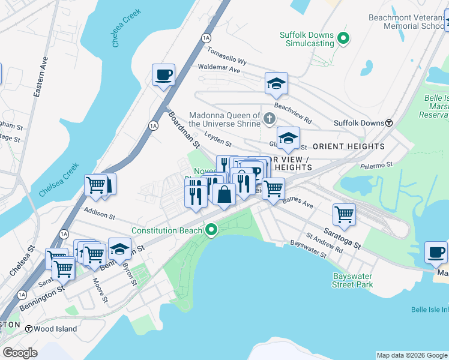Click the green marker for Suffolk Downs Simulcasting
coord(343,40)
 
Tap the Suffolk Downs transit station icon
coord(389,123)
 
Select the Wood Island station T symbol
coord(28,328)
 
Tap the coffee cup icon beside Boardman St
coord(163,75)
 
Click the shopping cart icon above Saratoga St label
coord(344,214)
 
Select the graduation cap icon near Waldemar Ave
coord(276,83)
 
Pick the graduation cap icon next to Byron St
coord(120,248)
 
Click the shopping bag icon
coord(224,194)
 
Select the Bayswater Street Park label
coord(353,280)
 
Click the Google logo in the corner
coord(20,353)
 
